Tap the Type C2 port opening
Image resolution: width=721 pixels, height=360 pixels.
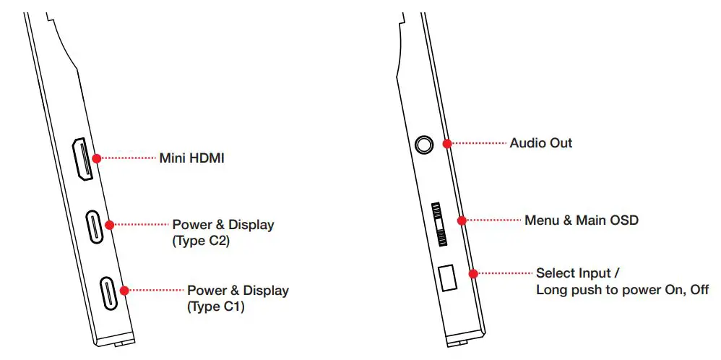pos(95,226)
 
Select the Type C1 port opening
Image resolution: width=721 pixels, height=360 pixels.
pos(108,292)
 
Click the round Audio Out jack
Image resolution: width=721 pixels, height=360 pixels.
pos(424,144)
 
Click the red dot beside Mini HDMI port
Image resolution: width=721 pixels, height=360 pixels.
pos(96,158)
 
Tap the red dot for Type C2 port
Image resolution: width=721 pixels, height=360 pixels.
pos(110,225)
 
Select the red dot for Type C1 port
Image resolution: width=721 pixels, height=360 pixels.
pos(124,291)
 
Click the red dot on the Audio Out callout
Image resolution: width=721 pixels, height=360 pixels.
pos(447,143)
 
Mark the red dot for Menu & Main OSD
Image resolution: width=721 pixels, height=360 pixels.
pos(462,220)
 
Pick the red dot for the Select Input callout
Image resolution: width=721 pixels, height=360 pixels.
pos(473,273)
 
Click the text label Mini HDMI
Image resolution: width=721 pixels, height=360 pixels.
pos(191,158)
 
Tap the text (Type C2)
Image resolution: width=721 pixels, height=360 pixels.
pos(201,241)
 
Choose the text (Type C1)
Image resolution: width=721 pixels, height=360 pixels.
pos(216,307)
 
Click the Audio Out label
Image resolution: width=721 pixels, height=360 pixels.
pos(540,143)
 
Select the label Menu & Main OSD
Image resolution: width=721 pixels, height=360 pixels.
pos(581,220)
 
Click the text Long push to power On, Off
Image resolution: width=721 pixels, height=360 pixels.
pos(622,290)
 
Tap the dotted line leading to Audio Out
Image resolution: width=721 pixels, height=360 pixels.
pos(478,143)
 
